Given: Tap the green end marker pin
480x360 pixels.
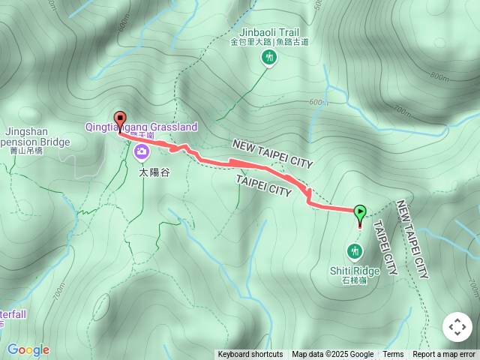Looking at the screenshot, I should click(x=360, y=214).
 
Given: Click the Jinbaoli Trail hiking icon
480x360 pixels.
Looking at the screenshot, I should click(x=268, y=58).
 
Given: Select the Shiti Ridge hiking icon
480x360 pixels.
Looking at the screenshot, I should click(x=354, y=250).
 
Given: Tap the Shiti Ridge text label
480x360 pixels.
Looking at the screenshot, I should click(x=354, y=271).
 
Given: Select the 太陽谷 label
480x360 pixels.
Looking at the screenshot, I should click(x=154, y=172).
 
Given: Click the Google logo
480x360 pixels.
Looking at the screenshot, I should click(x=28, y=349).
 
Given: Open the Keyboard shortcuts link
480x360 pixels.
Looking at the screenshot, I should click(x=250, y=355).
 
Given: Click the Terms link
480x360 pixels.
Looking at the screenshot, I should click(x=393, y=355).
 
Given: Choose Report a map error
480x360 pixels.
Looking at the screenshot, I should click(x=444, y=355).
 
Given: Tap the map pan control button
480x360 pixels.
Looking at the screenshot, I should click(x=457, y=327).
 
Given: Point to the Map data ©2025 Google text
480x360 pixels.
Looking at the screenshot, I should click(x=332, y=355).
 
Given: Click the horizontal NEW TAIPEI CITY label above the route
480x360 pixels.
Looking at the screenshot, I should click(x=272, y=154).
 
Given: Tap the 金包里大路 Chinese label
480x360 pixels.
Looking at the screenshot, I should click(x=250, y=43).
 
